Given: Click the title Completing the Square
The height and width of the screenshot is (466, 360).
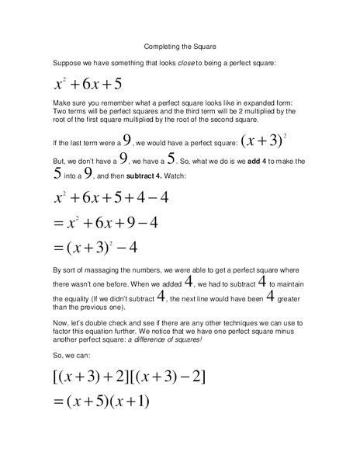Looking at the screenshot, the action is point(180,46).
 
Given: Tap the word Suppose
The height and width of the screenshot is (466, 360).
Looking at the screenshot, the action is point(66,62).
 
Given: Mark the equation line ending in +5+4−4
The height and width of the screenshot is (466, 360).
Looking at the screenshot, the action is point(112,198).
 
